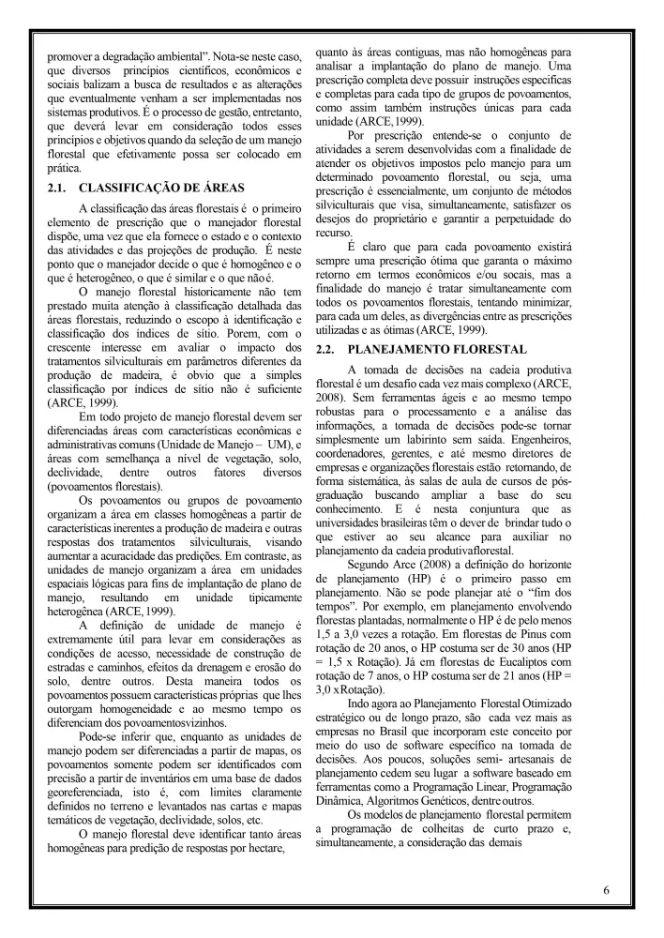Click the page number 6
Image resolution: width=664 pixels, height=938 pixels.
[607, 889]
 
